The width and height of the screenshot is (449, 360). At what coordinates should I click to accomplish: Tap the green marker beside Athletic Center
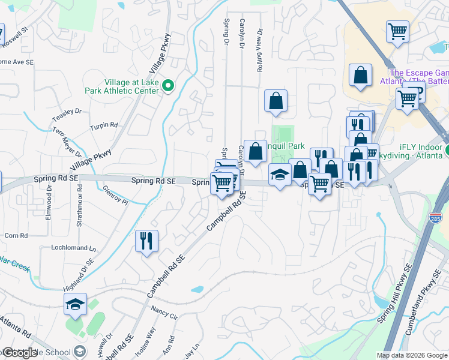(x=169, y=86)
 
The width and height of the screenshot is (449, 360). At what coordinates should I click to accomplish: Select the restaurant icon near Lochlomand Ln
(x=146, y=241)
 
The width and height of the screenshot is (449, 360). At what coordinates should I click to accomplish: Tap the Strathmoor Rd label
(x=79, y=207)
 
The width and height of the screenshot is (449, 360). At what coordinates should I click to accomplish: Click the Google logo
(x=19, y=353)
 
